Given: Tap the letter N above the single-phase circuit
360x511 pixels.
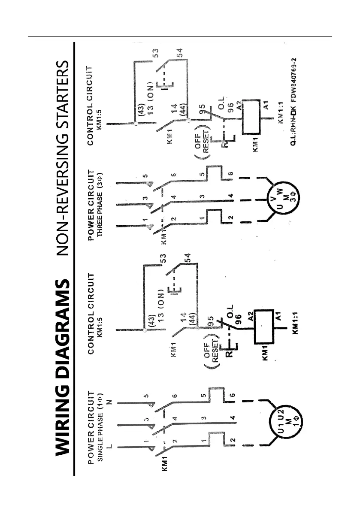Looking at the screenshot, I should pyautogui.click(x=109, y=402).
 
